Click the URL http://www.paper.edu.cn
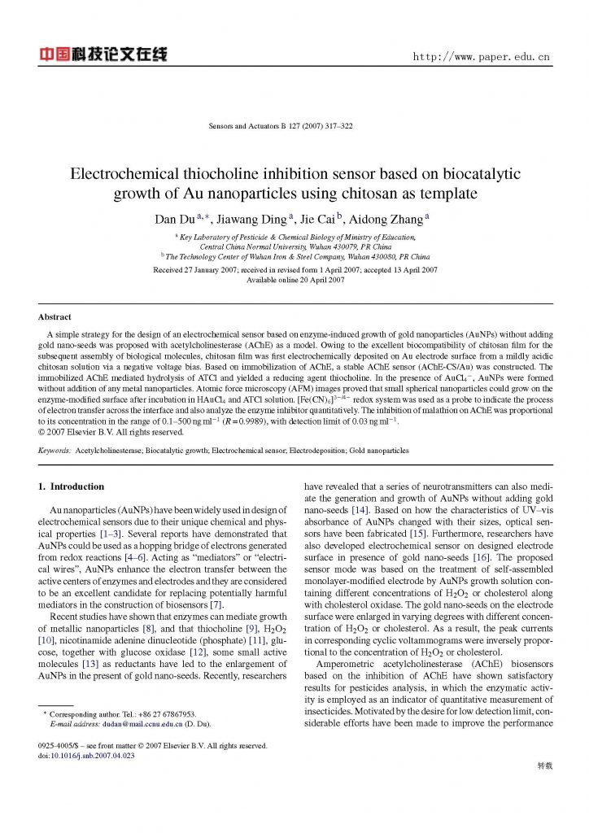482,58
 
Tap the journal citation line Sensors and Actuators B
281,127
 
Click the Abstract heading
55,316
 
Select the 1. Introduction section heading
72,486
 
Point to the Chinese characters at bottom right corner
545,765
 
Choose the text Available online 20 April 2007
294,280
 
